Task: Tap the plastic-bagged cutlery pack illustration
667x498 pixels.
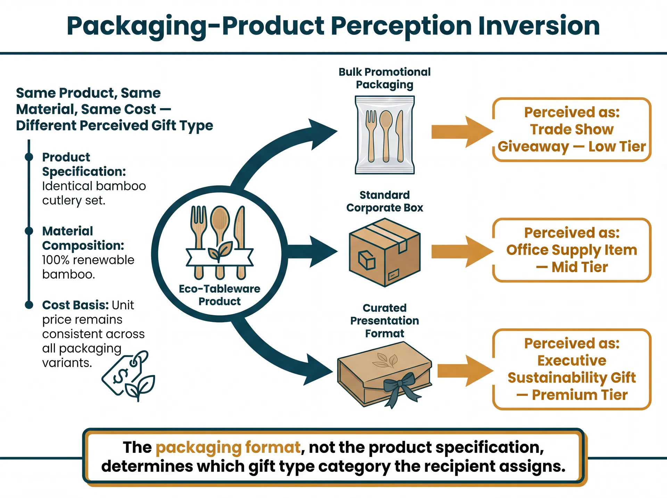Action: (385, 135)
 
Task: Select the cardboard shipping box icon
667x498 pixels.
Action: (385, 252)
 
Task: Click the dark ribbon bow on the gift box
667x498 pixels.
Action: (400, 386)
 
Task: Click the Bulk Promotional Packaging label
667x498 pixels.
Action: (385, 78)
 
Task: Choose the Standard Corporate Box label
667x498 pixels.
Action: (385, 201)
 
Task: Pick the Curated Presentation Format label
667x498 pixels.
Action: (385, 321)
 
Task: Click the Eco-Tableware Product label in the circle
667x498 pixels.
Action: (219, 295)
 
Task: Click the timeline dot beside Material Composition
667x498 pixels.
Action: (29, 231)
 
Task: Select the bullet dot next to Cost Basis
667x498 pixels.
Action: (29, 305)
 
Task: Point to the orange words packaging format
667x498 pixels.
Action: (228, 447)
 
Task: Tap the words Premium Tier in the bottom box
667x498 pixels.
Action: (579, 395)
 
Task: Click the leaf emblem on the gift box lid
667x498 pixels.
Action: (385, 360)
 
